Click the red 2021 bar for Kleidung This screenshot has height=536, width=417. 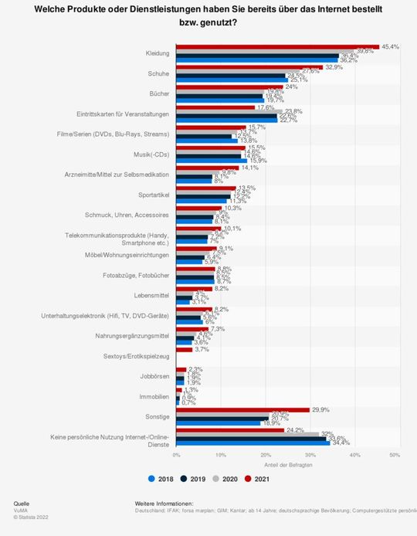pos(278,46)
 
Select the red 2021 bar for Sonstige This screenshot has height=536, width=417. pos(242,410)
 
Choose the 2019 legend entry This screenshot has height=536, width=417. pos(195,478)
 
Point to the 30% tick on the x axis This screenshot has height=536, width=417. pos(308,456)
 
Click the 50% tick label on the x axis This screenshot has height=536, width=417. pos(395,456)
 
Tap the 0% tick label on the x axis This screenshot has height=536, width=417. pos(177,456)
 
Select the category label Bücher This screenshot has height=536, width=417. pos(160,94)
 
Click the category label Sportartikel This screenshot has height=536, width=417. pos(154,195)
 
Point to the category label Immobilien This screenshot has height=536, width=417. pos(154,397)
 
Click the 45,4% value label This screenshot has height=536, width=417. pos(389,46)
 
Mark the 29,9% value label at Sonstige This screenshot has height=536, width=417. pos(320,410)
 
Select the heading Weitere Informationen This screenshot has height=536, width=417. pos(164,504)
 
